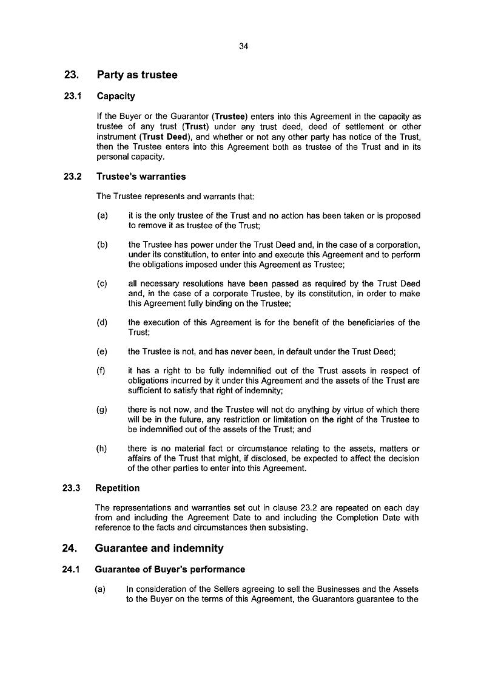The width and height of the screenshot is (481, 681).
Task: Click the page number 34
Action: [x=244, y=46]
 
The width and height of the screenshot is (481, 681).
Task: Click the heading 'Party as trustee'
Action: [x=137, y=75]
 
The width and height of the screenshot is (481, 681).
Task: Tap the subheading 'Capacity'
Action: [x=116, y=96]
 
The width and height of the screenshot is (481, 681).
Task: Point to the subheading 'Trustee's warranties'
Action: [x=141, y=177]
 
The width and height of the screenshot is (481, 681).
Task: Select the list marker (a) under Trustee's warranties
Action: [x=102, y=215]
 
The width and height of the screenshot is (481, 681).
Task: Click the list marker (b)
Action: [x=102, y=245]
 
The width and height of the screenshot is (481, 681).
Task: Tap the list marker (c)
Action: [x=102, y=283]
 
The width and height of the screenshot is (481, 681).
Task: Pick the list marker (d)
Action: [x=102, y=322]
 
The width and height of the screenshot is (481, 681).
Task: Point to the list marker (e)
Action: [x=102, y=351]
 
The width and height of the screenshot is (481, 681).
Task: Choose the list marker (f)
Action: [x=102, y=371]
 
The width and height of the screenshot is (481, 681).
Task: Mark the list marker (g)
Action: [x=102, y=410]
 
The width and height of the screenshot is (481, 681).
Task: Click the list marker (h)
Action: [x=102, y=449]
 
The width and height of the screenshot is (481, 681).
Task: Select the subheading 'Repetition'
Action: [x=118, y=488]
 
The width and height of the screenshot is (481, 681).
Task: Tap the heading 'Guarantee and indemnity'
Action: [x=160, y=548]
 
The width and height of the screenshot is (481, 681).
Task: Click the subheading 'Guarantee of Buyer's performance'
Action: [x=170, y=569]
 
